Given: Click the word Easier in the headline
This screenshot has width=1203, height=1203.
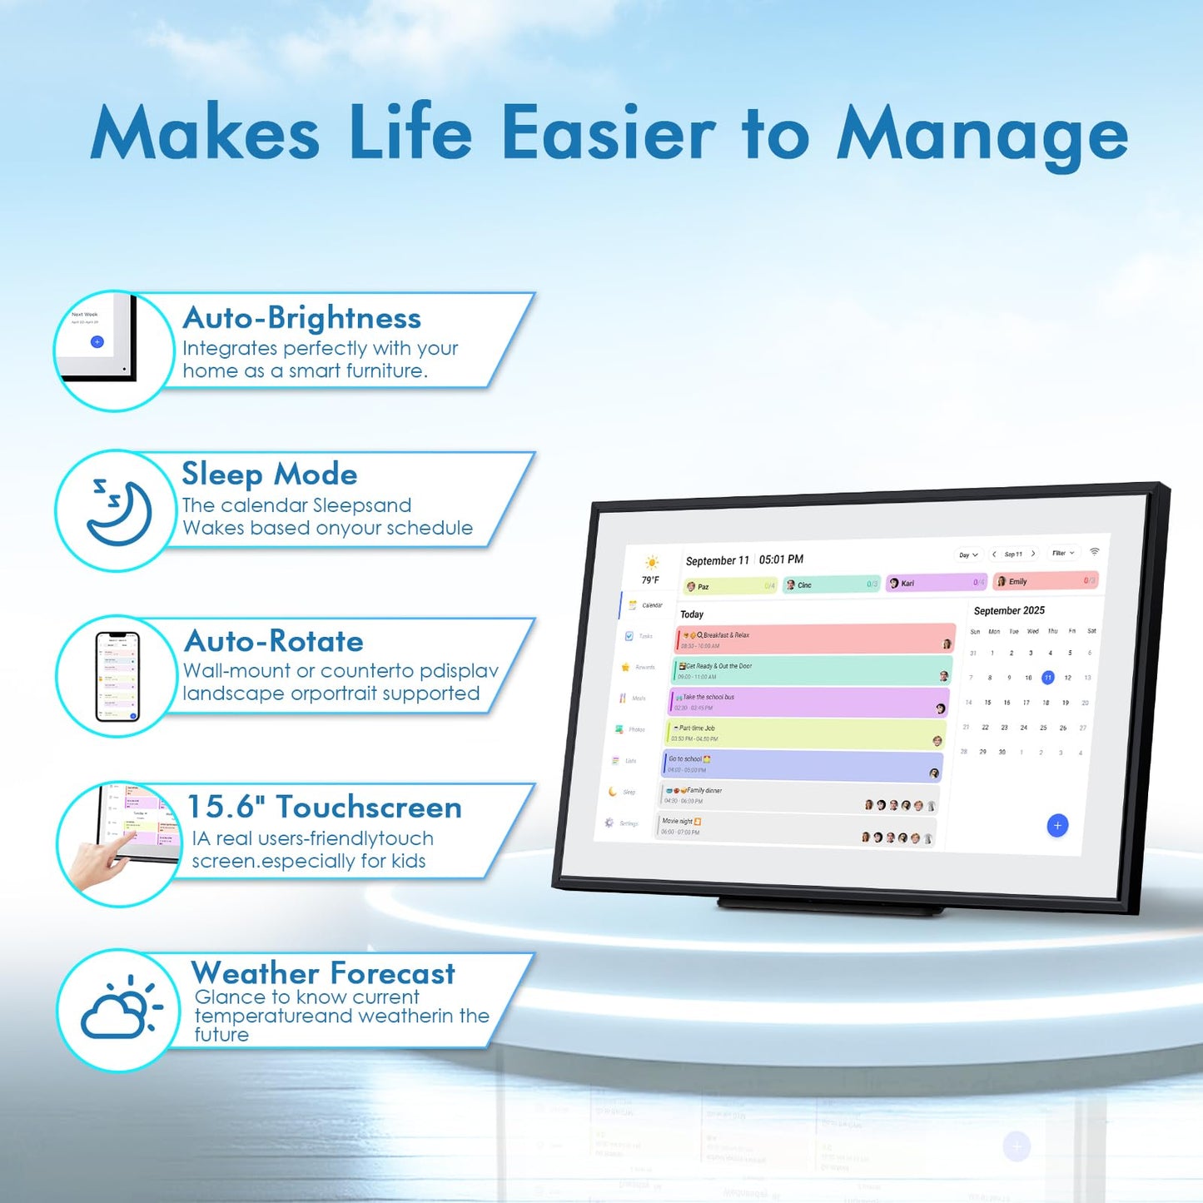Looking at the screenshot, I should [609, 133].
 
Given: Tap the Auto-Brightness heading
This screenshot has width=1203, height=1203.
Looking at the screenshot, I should [302, 318].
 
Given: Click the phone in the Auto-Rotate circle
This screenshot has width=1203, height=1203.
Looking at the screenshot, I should [117, 676].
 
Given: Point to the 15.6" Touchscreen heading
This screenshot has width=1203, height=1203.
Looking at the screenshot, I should [325, 807].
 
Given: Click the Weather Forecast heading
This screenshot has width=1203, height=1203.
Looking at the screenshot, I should [324, 972].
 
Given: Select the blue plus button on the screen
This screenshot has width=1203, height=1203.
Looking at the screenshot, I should [1057, 825].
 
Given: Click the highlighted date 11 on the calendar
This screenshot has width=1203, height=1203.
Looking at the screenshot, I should [1048, 678].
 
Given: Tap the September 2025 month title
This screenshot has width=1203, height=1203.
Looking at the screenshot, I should [1009, 610].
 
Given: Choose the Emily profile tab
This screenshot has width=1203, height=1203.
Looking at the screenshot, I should [1046, 581].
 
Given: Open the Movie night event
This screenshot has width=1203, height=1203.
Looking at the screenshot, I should [795, 827].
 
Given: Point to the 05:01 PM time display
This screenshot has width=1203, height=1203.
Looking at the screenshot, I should [781, 559].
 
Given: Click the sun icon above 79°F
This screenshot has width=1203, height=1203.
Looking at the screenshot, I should [651, 563].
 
